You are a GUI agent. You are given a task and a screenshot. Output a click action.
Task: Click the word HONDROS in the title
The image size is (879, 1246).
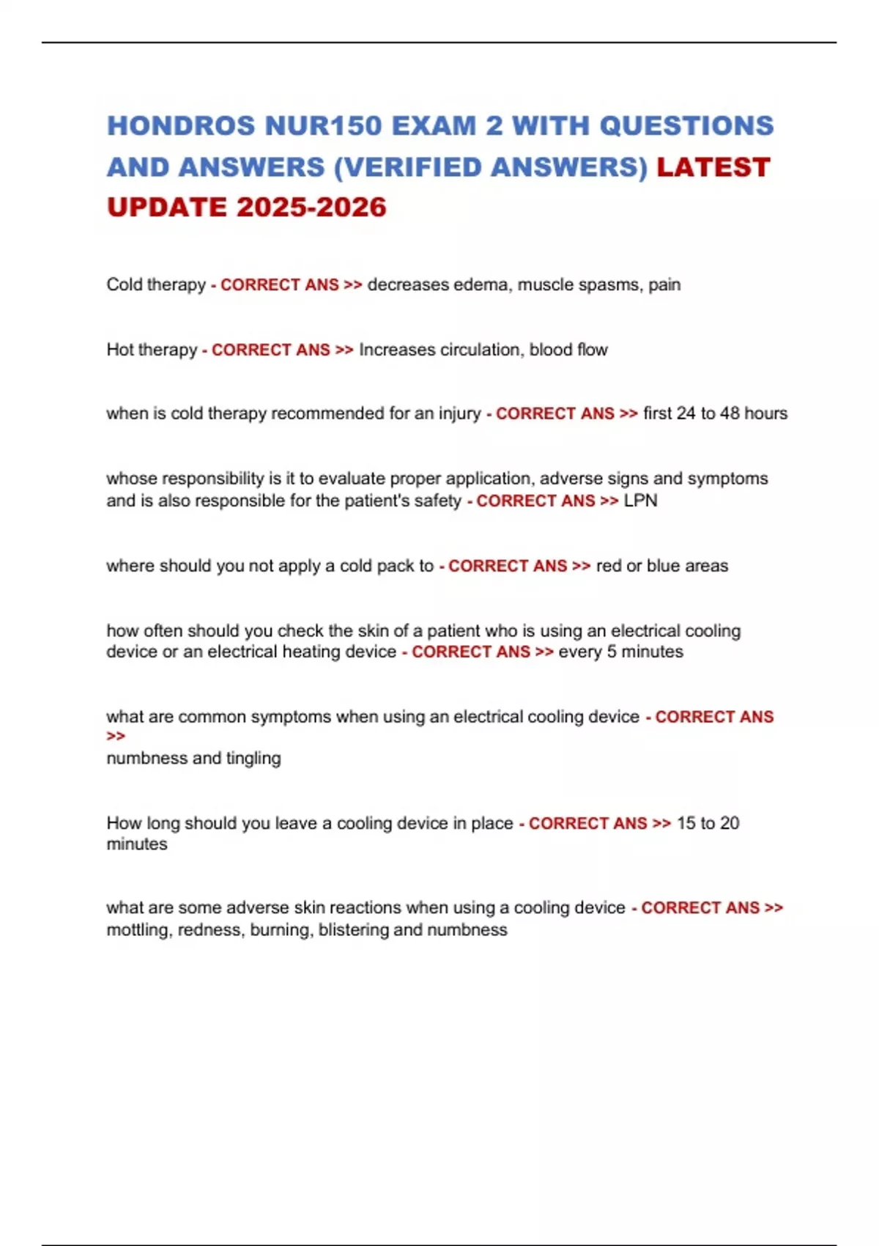tap(181, 126)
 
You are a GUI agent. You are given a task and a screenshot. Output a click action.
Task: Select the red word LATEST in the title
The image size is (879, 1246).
tap(713, 167)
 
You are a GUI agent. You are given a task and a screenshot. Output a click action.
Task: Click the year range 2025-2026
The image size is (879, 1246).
tap(311, 207)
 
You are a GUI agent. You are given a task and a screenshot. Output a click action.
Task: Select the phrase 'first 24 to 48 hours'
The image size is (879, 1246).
tap(715, 413)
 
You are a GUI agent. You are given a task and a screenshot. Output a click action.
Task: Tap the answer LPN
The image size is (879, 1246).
tap(640, 501)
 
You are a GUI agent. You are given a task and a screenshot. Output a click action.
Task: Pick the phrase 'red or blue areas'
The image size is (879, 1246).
tap(662, 566)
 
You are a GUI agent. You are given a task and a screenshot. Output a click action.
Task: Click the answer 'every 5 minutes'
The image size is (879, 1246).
tap(620, 652)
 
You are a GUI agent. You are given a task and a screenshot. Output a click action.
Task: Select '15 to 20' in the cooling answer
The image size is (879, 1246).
tap(708, 823)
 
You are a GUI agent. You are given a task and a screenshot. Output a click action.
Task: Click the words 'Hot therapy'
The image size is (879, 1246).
tap(152, 350)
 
